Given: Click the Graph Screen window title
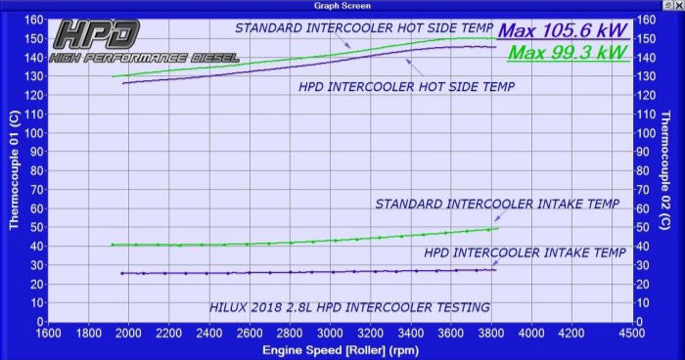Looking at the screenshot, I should [342, 5].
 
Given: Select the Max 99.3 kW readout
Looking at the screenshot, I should [568, 52].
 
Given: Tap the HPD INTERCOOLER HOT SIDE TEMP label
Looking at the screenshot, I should [406, 86].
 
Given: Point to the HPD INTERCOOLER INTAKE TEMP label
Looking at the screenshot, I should [520, 252].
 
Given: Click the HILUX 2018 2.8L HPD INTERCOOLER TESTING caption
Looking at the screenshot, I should [349, 307].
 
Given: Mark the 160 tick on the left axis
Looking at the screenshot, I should [32, 20].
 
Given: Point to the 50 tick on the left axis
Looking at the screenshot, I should [35, 227].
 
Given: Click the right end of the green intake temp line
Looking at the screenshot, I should [498, 228].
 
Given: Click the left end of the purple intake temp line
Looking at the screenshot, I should [121, 273].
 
